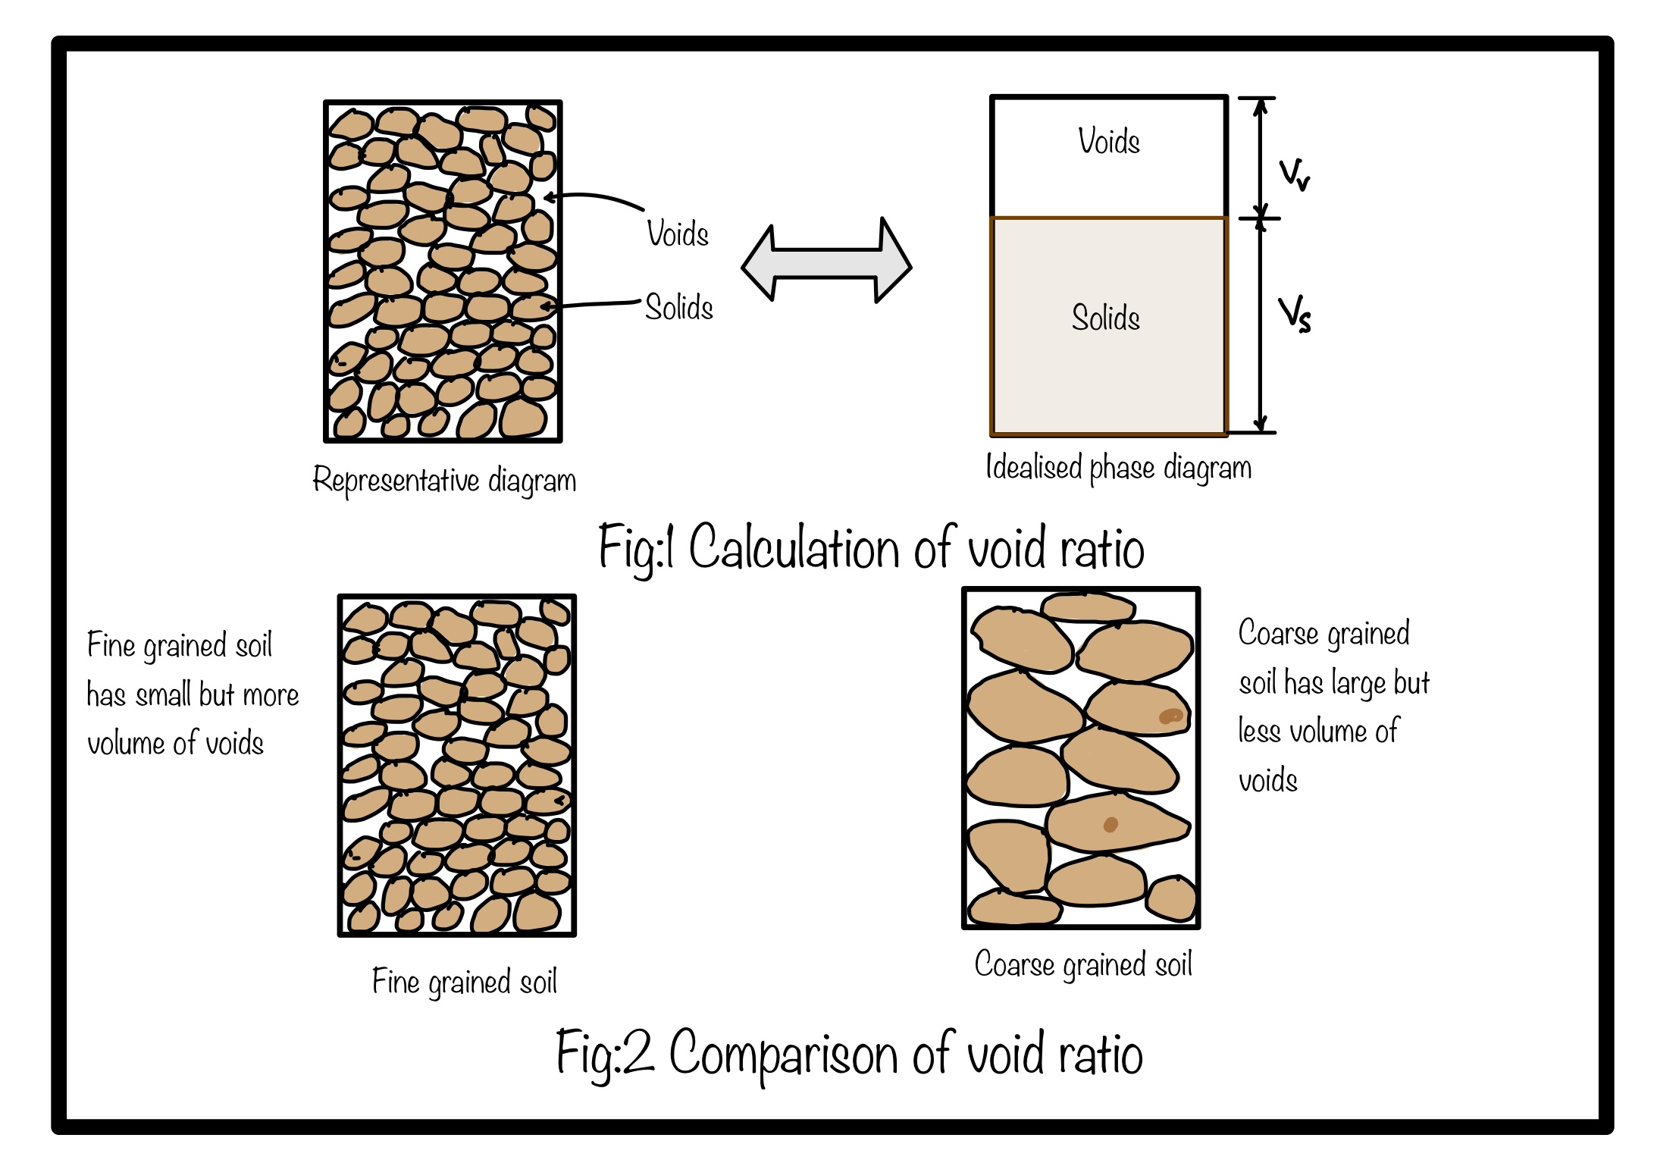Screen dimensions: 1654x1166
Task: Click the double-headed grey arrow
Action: click(826, 261)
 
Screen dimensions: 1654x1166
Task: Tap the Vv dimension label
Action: click(1294, 175)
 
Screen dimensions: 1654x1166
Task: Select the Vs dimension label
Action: click(1295, 315)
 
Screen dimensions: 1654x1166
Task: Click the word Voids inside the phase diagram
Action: click(1109, 142)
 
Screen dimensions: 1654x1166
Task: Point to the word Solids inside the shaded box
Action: click(1106, 317)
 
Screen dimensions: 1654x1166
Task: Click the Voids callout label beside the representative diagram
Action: click(678, 234)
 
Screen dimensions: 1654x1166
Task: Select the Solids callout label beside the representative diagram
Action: click(679, 307)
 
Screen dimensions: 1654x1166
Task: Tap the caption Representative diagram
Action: click(444, 481)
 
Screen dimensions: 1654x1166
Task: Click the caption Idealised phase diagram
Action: click(1118, 468)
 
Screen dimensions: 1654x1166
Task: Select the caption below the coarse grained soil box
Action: click(1083, 965)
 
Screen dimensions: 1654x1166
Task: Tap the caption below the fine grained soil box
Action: click(465, 982)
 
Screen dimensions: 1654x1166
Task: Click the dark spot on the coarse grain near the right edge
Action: click(1171, 716)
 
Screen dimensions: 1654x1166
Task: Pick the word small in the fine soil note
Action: click(164, 694)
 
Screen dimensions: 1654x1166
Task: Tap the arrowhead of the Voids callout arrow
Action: click(550, 197)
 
